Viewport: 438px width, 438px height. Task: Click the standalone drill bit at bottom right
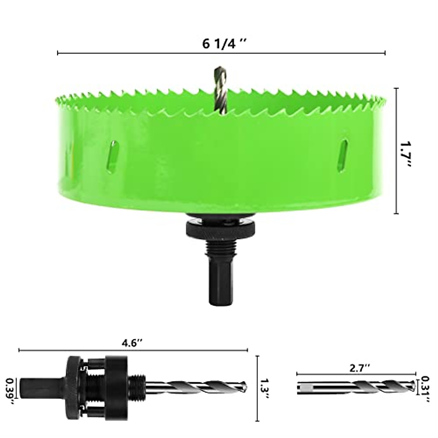pos(356,387)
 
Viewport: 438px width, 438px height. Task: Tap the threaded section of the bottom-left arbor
pos(138,387)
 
